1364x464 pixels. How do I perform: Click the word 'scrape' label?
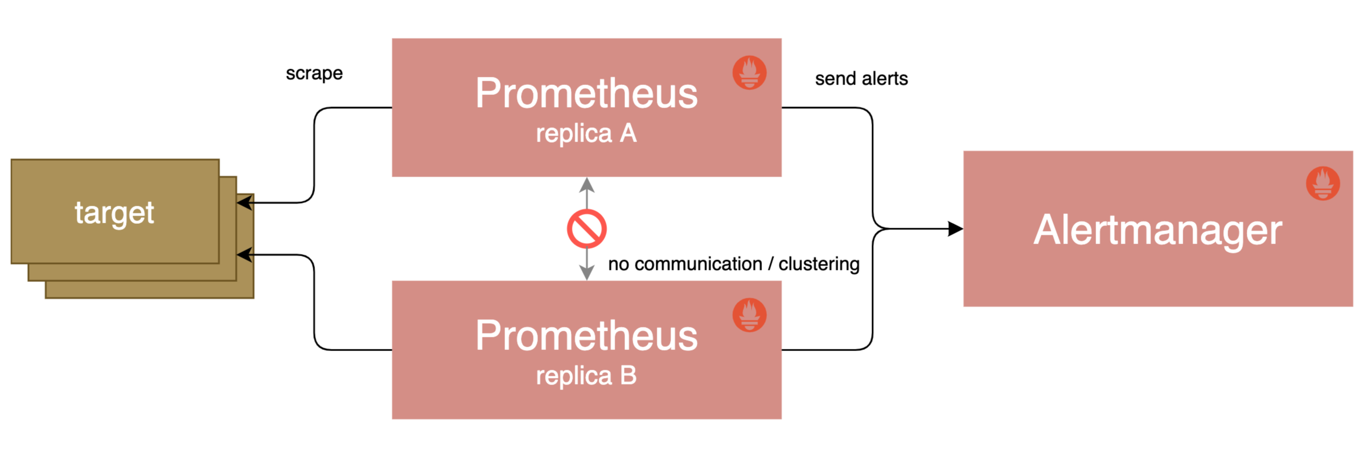[x=314, y=73]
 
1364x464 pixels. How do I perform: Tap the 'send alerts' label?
[x=861, y=78]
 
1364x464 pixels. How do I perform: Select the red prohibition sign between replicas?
[x=586, y=229]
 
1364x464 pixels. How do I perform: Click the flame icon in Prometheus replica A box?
[x=749, y=72]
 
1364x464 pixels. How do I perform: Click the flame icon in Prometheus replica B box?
[x=749, y=315]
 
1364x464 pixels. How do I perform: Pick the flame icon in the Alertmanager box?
[x=1322, y=183]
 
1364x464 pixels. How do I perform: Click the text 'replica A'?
[x=586, y=133]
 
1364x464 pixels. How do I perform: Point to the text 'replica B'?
[x=586, y=376]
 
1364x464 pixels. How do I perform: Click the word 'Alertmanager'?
[x=1157, y=230]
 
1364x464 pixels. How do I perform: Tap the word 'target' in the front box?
[x=114, y=213]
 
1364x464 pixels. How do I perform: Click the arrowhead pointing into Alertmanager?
[x=955, y=229]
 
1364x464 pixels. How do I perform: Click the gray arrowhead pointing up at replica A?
[x=587, y=185]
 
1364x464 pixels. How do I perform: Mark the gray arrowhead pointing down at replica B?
[x=587, y=273]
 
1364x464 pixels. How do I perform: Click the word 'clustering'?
[x=818, y=264]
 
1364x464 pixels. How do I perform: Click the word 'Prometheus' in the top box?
[x=586, y=93]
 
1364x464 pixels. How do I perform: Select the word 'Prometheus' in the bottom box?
[x=586, y=336]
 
